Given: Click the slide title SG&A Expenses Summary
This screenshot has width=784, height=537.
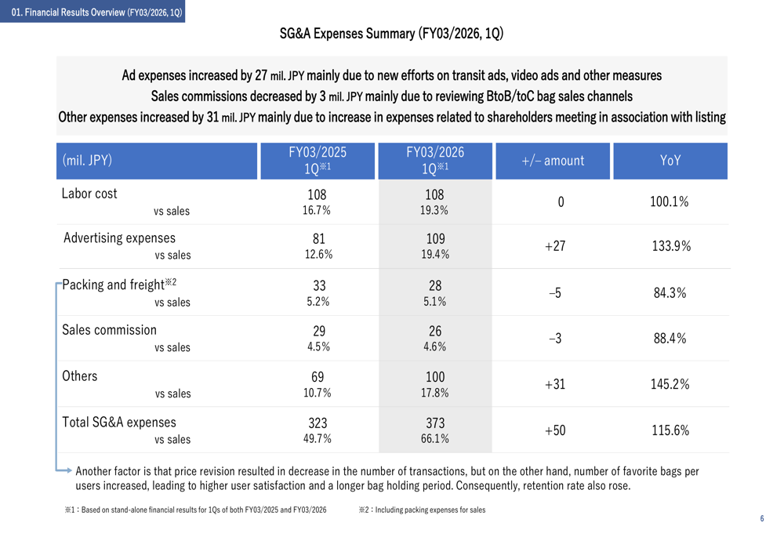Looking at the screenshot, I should pyautogui.click(x=391, y=34).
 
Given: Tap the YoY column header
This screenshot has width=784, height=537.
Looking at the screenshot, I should pyautogui.click(x=670, y=161).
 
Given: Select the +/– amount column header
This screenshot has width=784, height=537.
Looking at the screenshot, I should pyautogui.click(x=553, y=161).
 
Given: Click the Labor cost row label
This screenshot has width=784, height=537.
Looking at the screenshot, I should pyautogui.click(x=89, y=194).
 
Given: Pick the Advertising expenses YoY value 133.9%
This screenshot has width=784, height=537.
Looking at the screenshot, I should pyautogui.click(x=671, y=246).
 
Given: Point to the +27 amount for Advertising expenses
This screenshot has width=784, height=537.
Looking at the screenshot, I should pyautogui.click(x=554, y=246).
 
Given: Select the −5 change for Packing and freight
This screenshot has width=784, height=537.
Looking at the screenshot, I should pyautogui.click(x=554, y=292).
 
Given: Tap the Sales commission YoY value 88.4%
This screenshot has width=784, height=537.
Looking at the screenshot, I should pyautogui.click(x=670, y=339).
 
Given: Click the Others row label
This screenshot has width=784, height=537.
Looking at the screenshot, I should pyautogui.click(x=80, y=376).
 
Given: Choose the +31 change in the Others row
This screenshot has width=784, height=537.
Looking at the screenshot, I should pyautogui.click(x=554, y=384).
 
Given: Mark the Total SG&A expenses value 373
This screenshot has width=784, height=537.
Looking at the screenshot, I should pyautogui.click(x=434, y=423).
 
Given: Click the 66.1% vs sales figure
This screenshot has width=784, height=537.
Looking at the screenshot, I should pyautogui.click(x=434, y=439).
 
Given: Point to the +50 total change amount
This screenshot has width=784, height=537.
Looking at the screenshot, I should pyautogui.click(x=554, y=430).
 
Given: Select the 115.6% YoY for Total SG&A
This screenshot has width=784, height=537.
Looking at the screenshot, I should pyautogui.click(x=670, y=430).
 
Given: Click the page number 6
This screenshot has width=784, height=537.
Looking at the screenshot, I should pyautogui.click(x=761, y=519).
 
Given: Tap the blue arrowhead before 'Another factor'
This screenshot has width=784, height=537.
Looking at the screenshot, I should pyautogui.click(x=68, y=470).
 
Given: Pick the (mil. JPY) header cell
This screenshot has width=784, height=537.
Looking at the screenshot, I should pyautogui.click(x=87, y=161).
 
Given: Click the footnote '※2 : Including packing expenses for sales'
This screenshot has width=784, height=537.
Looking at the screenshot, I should pyautogui.click(x=422, y=510).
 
